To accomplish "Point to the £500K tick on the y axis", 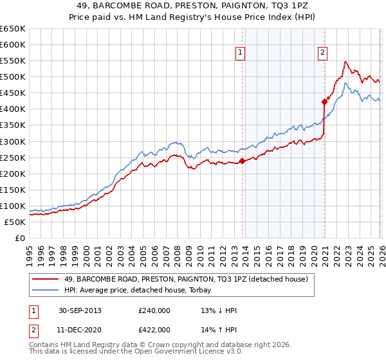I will point(12,77).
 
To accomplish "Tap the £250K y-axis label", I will point(12,157).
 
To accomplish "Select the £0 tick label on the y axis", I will point(20,239).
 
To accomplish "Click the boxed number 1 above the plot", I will point(241,53).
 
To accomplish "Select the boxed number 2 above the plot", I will point(322,53).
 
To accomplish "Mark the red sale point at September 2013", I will point(242,161).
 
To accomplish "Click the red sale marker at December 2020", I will point(324,102).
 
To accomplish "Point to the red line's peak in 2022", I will point(345,62).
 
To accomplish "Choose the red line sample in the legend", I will point(46,279).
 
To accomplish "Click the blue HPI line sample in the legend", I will point(46,290).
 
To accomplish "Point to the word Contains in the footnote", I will point(46,346).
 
